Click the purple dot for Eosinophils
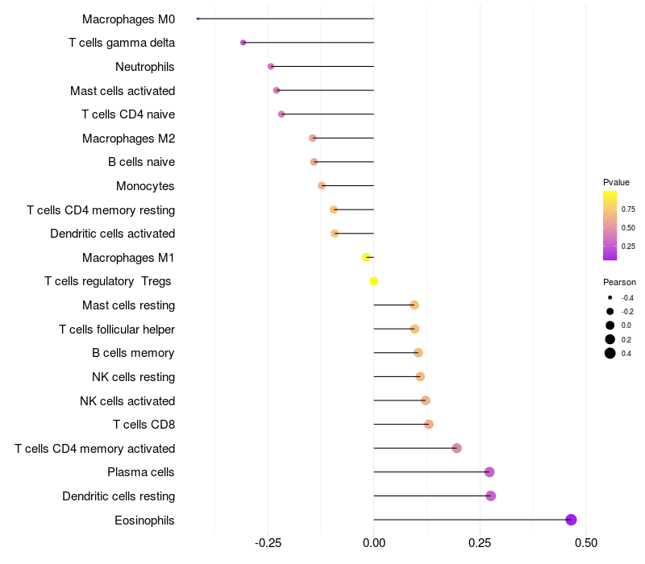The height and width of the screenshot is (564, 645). pyautogui.click(x=572, y=520)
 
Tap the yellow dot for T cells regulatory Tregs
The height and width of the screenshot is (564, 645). pyautogui.click(x=374, y=281)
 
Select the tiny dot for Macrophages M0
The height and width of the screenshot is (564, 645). pyautogui.click(x=198, y=19)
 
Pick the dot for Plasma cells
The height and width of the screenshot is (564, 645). pyautogui.click(x=489, y=472)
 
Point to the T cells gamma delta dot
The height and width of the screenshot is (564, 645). pyautogui.click(x=243, y=43)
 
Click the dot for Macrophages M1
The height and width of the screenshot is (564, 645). pyautogui.click(x=367, y=257)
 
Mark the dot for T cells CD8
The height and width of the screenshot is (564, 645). pyautogui.click(x=429, y=425)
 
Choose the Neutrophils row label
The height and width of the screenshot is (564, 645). pyautogui.click(x=145, y=67)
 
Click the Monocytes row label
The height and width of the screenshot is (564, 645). pyautogui.click(x=145, y=186)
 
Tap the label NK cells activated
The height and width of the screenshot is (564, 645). pyautogui.click(x=127, y=401)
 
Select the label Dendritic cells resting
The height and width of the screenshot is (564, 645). pyautogui.click(x=119, y=496)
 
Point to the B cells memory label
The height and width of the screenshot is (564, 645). pyautogui.click(x=134, y=353)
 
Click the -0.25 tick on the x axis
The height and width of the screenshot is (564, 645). pyautogui.click(x=268, y=543)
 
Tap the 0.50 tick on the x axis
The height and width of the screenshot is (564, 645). pyautogui.click(x=585, y=543)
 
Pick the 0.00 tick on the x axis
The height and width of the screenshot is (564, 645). pyautogui.click(x=374, y=543)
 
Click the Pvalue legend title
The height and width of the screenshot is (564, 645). pyautogui.click(x=617, y=182)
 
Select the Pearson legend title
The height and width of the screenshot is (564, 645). pyautogui.click(x=619, y=283)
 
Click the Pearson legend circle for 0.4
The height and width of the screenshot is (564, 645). pyautogui.click(x=610, y=353)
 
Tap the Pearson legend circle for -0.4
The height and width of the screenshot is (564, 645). pyautogui.click(x=610, y=298)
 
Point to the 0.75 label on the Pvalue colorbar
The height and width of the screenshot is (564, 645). pyautogui.click(x=629, y=209)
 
